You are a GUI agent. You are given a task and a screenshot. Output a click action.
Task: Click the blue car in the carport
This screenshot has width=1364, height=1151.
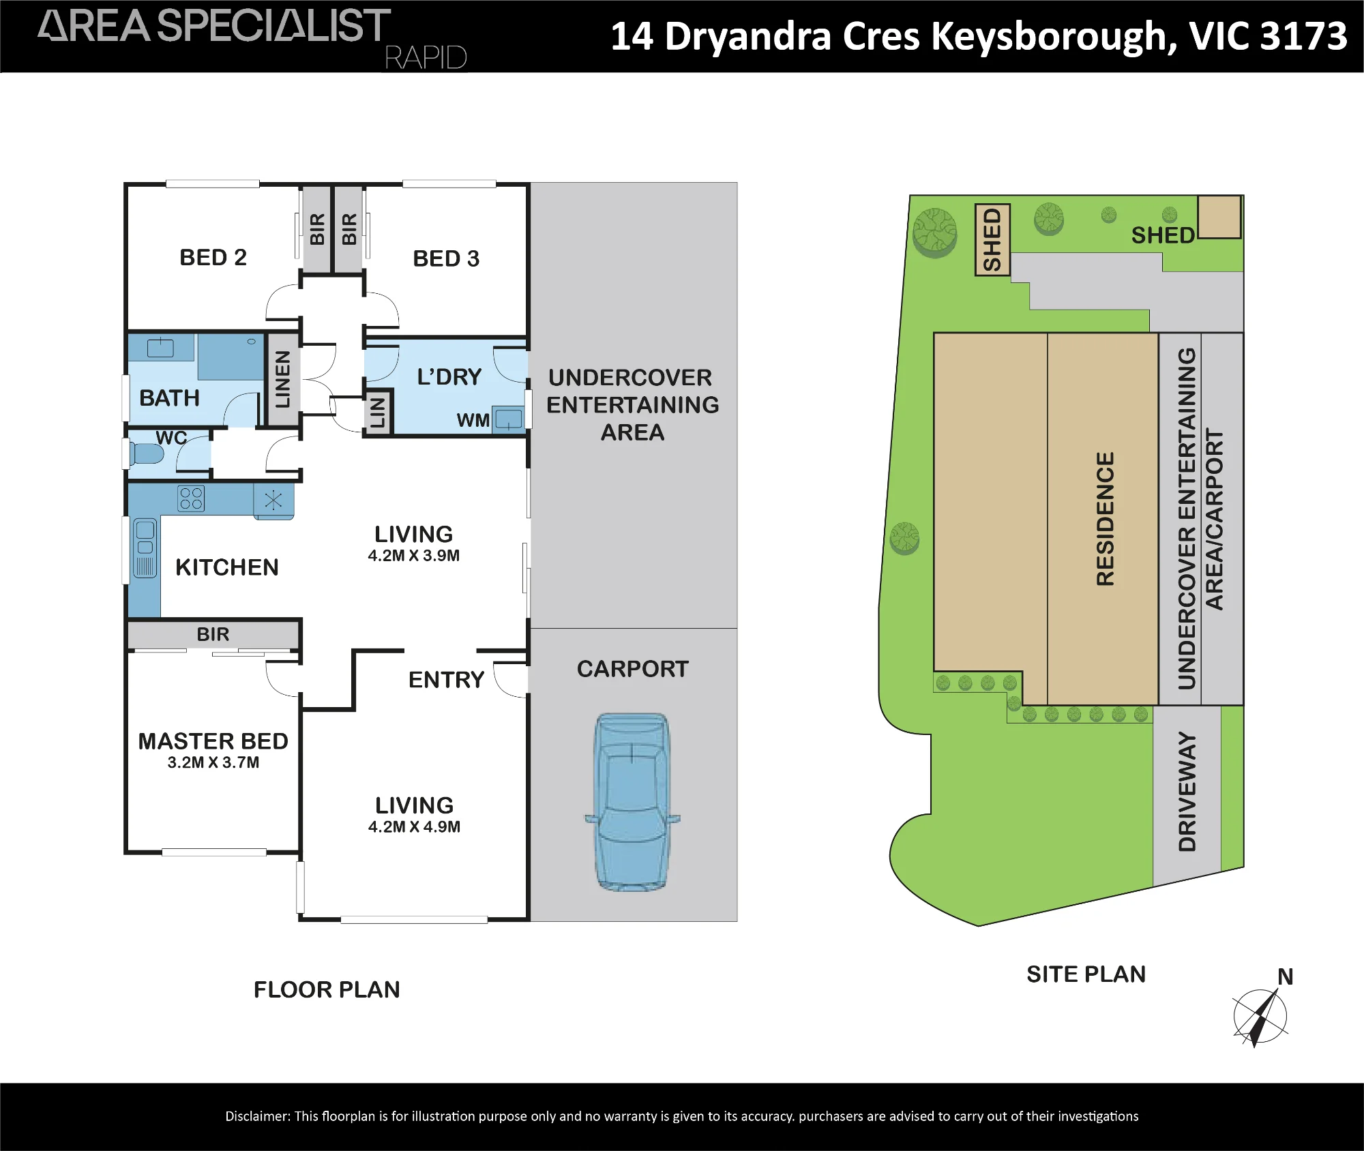632,802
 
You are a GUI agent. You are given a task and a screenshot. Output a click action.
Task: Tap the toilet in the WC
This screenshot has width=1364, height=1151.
147,453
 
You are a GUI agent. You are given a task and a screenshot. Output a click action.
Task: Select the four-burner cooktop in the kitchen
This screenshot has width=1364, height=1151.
191,498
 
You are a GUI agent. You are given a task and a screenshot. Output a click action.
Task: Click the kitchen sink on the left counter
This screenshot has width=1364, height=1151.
145,548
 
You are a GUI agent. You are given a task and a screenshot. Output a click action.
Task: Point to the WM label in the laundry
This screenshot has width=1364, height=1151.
473,420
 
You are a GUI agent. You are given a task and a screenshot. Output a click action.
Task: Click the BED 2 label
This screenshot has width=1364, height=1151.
213,257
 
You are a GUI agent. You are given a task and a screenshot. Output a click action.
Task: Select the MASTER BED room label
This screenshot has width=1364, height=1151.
213,741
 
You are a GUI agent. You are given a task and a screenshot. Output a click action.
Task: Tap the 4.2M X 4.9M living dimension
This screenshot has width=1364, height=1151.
414,826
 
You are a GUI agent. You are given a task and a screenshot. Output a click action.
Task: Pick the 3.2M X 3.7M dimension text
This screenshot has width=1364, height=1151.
213,762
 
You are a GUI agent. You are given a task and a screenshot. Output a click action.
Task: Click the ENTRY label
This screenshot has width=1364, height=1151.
446,680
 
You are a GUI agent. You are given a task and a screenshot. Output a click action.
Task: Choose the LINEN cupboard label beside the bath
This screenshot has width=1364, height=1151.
282,379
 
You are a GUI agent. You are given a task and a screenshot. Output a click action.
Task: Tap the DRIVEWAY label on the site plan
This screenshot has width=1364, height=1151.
1187,792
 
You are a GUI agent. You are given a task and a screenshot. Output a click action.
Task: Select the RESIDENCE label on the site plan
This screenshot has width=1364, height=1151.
1105,518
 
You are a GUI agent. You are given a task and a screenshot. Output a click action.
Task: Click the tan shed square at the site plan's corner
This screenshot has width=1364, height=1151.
1219,217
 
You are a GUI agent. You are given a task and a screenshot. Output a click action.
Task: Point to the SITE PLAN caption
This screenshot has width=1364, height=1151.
1086,974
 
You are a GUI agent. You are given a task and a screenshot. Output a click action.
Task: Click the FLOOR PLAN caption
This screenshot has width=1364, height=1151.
327,989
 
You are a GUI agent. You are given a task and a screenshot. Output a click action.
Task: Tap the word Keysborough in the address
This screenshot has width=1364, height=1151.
1054,38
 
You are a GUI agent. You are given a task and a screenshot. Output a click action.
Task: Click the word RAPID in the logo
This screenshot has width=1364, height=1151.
426,58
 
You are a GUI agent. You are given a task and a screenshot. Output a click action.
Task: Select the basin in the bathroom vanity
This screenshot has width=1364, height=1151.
160,348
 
